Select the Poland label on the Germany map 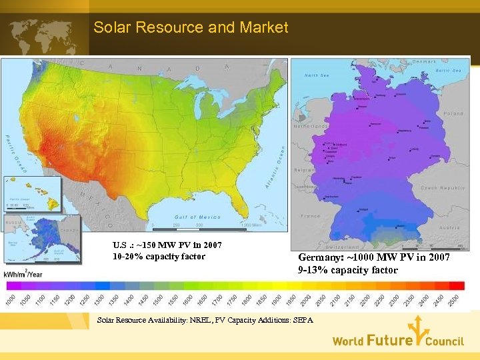point(453,113)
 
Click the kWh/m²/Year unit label point(25,274)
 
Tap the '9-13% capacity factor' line point(347,270)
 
